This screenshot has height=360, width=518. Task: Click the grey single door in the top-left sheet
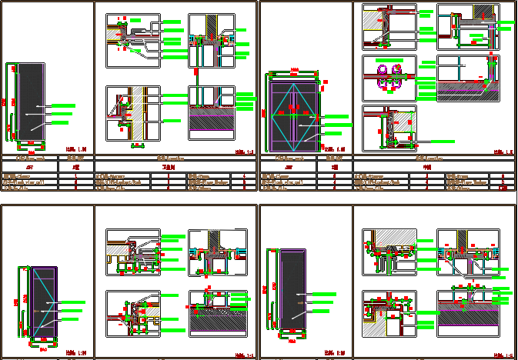(x=31, y=101)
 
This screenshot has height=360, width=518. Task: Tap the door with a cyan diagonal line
(x=44, y=302)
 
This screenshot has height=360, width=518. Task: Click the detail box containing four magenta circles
(x=389, y=78)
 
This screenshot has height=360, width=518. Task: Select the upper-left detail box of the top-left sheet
(x=132, y=40)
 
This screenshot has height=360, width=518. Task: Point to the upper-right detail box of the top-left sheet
(x=211, y=40)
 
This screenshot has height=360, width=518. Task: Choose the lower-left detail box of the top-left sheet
(x=132, y=113)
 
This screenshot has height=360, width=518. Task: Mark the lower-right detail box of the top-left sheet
(x=211, y=112)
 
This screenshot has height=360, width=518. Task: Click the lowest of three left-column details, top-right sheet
(x=389, y=128)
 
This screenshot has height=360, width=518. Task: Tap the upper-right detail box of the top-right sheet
(x=467, y=27)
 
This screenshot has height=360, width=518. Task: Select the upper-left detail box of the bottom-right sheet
(x=389, y=252)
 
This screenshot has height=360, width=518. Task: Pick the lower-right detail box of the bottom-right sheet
(x=467, y=313)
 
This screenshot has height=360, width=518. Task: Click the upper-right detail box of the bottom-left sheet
(x=217, y=252)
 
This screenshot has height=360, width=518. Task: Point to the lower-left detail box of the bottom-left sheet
(x=132, y=313)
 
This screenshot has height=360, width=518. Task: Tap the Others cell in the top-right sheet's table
(x=457, y=188)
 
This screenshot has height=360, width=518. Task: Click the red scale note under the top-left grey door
(x=75, y=149)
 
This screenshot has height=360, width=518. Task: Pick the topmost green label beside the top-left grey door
(x=63, y=105)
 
